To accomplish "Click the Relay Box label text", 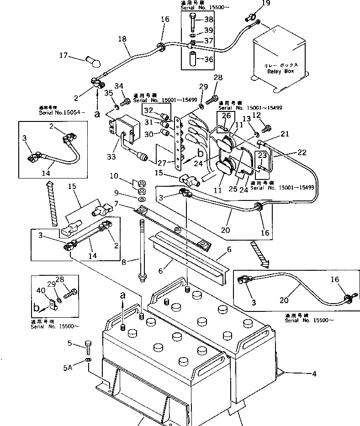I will coord(280,71).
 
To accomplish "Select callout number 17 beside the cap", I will coord(63,56).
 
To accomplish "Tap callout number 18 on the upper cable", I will coord(122,40).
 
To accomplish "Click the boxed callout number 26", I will coord(226,116).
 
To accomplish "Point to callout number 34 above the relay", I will coord(119,85).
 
